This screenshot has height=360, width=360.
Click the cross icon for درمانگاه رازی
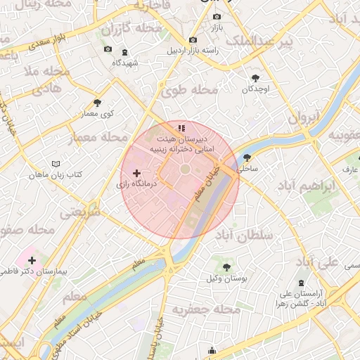(137, 172)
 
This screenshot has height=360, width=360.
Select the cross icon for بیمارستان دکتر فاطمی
(32, 260)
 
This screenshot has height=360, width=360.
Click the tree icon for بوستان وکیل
(226, 267)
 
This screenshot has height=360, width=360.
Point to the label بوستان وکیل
(226, 279)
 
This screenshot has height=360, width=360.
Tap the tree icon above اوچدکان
(255, 78)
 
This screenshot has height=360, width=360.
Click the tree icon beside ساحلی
(247, 157)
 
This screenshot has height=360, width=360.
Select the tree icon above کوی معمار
(97, 103)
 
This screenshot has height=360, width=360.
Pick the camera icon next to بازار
(217, 16)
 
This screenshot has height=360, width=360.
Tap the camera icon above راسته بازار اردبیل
(193, 40)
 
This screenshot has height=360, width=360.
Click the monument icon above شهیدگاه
(124, 52)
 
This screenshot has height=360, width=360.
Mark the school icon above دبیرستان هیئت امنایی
(181, 128)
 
